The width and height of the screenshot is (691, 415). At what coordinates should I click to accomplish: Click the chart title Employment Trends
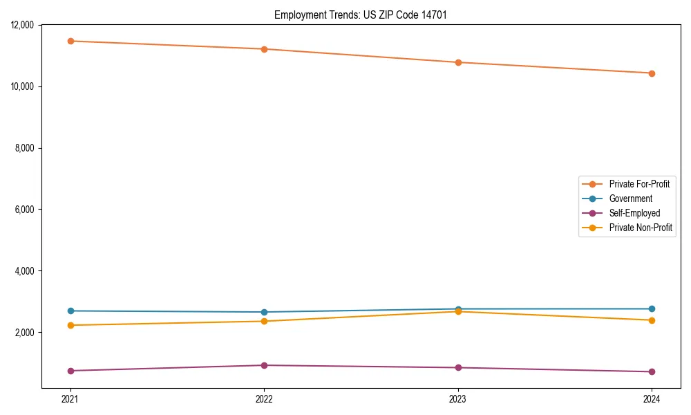[361, 15]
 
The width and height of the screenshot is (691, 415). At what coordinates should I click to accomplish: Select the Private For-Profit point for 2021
[70, 41]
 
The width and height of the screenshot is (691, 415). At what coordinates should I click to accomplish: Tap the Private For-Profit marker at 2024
[652, 73]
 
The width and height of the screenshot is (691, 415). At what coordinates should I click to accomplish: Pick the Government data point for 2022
[264, 312]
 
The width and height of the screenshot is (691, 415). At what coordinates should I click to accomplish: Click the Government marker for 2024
[652, 308]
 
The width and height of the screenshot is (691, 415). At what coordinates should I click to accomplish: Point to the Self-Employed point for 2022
[264, 365]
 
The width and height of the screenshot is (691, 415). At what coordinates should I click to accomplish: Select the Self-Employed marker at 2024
[652, 371]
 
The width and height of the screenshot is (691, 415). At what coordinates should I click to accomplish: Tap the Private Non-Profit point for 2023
[458, 311]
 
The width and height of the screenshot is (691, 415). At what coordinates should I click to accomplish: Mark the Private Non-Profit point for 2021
[70, 325]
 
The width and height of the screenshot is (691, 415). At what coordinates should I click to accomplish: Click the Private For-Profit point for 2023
[458, 62]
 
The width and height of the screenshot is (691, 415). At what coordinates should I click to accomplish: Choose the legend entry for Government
[630, 199]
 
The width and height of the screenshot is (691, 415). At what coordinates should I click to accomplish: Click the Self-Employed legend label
[634, 213]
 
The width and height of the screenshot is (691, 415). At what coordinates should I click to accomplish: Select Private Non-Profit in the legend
[641, 228]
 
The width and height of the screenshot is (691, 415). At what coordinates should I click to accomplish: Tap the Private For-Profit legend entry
[639, 184]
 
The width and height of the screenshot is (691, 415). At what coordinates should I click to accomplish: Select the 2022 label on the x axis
[264, 399]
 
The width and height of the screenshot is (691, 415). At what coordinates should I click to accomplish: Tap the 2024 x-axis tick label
[652, 399]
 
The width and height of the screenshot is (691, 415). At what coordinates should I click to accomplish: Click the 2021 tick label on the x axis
[70, 399]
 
